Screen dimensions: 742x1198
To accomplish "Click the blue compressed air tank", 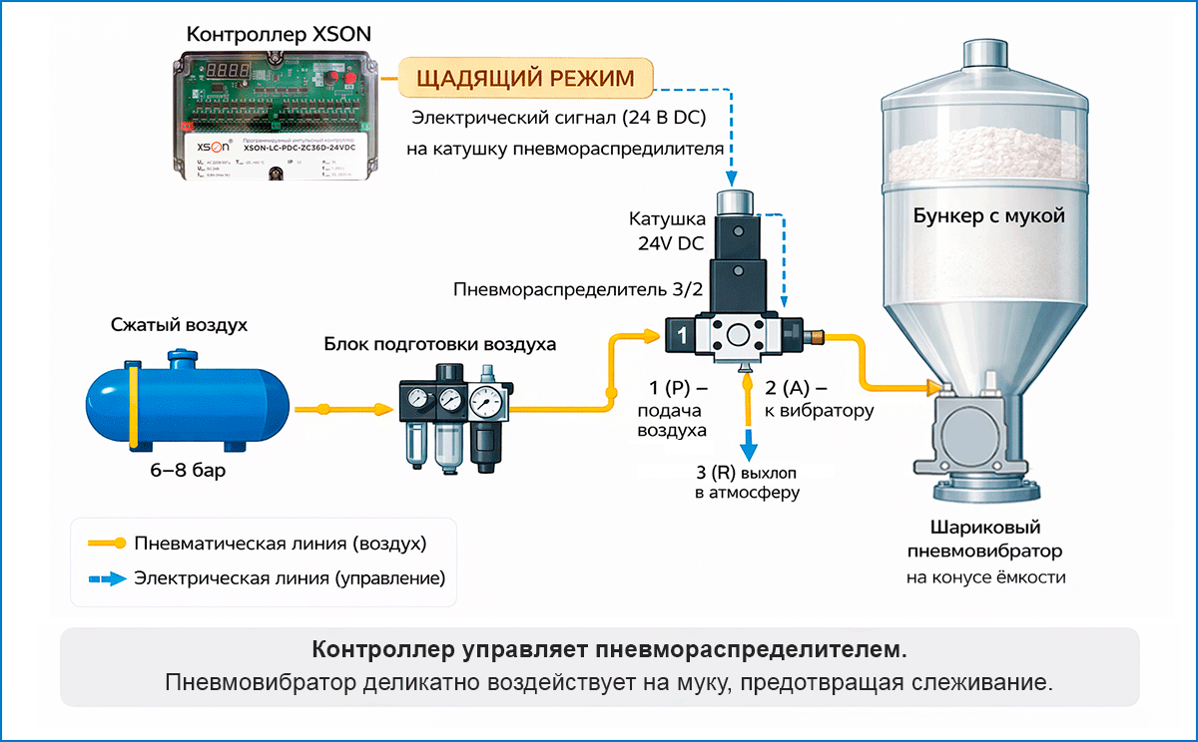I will tap(185, 403).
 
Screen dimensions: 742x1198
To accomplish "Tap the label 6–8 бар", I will tap(181, 471).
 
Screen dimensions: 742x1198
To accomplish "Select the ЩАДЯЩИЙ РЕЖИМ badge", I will tap(525, 79).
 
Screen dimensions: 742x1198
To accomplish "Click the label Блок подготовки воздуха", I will tap(439, 344).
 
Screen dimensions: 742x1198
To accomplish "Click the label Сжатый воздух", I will tap(180, 325).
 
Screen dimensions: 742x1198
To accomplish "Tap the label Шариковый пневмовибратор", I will tap(984, 539).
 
